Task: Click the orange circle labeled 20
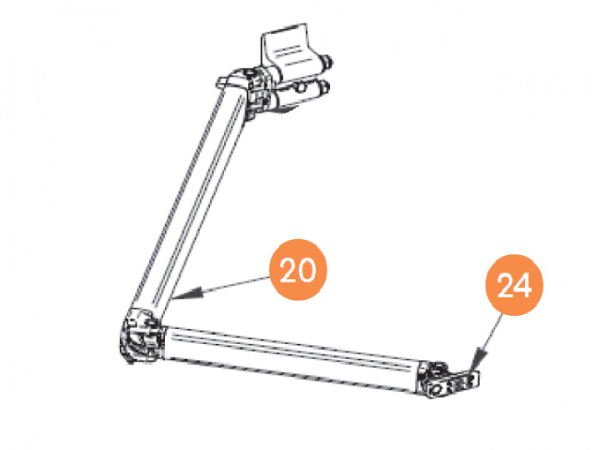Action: coord(298,272)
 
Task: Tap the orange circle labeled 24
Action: coord(514,286)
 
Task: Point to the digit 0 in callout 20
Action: coord(309,272)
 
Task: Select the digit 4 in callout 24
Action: coord(525,286)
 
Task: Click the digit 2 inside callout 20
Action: coord(287,272)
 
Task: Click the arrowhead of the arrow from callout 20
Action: coord(182,295)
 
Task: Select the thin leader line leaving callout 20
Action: coord(229,286)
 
